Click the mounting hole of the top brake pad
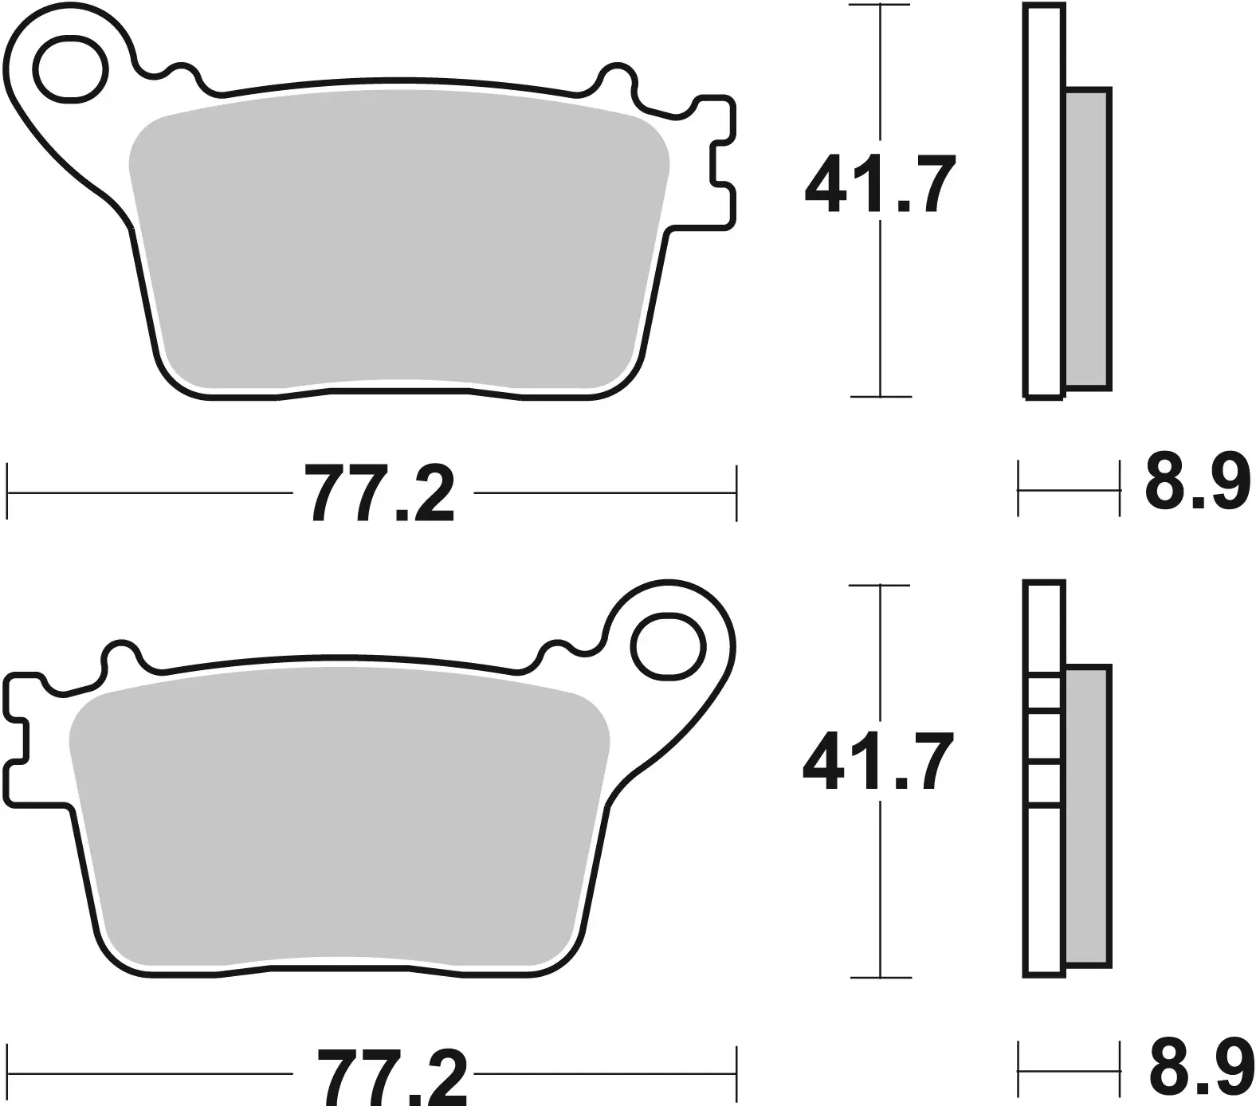73,69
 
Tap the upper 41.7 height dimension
879,186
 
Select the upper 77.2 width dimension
380,494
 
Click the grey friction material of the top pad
398,239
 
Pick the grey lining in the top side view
1087,239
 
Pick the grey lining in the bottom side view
1087,817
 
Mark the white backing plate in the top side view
1044,199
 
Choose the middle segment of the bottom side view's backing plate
1044,738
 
